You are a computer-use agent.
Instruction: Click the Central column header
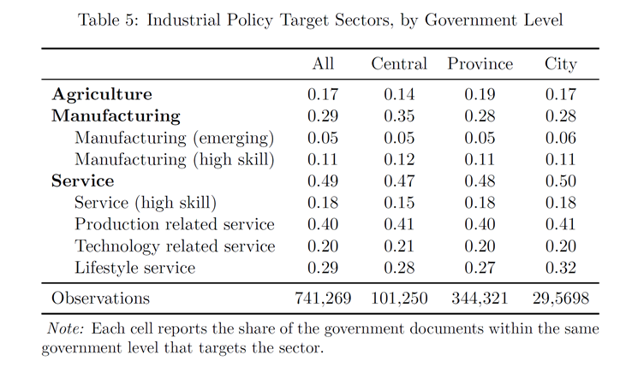(x=399, y=64)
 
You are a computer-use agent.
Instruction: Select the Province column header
(x=480, y=64)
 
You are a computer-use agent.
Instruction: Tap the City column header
(x=561, y=65)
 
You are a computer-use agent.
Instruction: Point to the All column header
(x=323, y=64)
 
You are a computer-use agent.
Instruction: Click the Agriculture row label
(x=102, y=95)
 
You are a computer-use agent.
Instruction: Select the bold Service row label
(x=83, y=181)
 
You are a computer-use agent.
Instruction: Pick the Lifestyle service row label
(x=135, y=268)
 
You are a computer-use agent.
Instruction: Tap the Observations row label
(x=100, y=298)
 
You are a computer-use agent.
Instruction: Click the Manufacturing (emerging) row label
(x=175, y=138)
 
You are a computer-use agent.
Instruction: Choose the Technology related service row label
(x=175, y=246)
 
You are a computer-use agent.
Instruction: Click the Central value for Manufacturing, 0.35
(x=399, y=116)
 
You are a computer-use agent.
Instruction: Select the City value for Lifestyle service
(x=561, y=268)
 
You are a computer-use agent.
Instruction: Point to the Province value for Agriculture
(x=480, y=95)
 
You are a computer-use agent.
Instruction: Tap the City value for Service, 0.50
(x=561, y=181)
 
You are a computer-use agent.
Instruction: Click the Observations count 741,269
(x=323, y=299)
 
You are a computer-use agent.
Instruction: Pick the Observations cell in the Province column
(x=480, y=299)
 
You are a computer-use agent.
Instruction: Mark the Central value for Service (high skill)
(x=399, y=203)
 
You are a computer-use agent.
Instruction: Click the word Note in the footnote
(x=65, y=329)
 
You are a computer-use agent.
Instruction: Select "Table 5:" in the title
(x=108, y=20)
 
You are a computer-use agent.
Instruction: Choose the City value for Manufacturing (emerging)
(x=561, y=138)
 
